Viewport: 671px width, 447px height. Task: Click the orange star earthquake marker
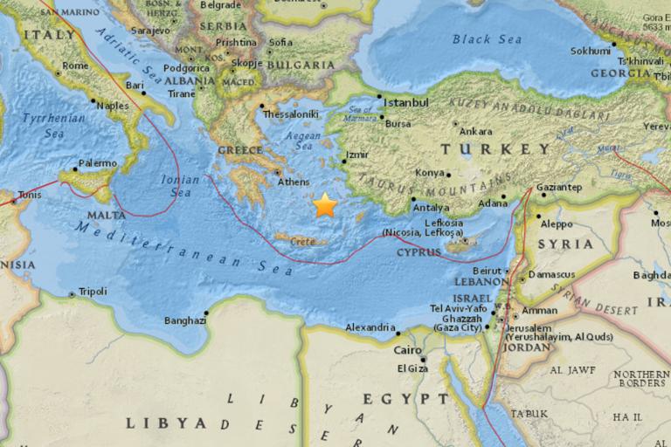(325, 205)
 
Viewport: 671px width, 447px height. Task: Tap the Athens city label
(293, 182)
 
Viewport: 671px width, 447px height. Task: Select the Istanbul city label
(406, 102)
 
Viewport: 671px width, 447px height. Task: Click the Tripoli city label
(93, 292)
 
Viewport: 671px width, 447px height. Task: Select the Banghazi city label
(185, 320)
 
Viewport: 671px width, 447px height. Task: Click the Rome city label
(76, 65)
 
